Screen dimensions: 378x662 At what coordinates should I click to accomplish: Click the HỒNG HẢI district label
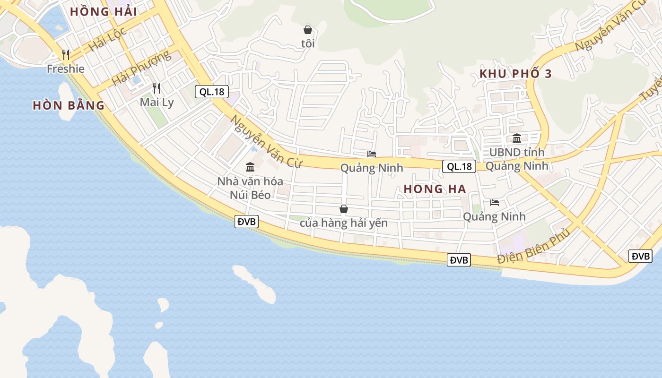(x=104, y=12)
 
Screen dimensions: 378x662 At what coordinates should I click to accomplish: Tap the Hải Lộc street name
(x=107, y=39)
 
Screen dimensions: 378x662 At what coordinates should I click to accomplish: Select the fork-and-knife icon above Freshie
(x=66, y=55)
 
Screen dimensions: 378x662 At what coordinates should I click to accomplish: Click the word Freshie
(x=66, y=69)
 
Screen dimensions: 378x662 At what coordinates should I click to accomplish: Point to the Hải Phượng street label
(x=141, y=69)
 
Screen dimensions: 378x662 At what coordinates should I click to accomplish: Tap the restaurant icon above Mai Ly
(x=157, y=88)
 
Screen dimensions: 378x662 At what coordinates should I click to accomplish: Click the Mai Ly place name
(x=157, y=103)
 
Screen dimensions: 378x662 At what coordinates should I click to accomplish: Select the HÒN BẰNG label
(x=69, y=105)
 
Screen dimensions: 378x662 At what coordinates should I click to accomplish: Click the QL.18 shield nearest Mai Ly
(x=212, y=92)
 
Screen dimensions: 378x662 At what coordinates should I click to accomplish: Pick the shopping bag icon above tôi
(x=308, y=30)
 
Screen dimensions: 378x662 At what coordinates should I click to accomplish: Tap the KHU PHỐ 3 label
(x=515, y=74)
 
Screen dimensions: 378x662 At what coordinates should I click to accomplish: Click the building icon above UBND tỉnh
(x=517, y=138)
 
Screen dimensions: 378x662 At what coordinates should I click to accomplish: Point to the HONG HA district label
(x=435, y=189)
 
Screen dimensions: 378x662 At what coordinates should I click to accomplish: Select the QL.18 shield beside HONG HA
(x=459, y=166)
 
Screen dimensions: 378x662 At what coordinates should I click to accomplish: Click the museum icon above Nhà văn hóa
(x=250, y=167)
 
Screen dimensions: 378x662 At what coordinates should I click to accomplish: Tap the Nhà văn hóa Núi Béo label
(x=250, y=188)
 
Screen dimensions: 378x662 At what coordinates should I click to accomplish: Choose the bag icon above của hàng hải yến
(x=344, y=209)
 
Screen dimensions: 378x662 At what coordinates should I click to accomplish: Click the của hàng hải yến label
(x=344, y=223)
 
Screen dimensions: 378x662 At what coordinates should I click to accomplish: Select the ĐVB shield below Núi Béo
(x=246, y=222)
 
